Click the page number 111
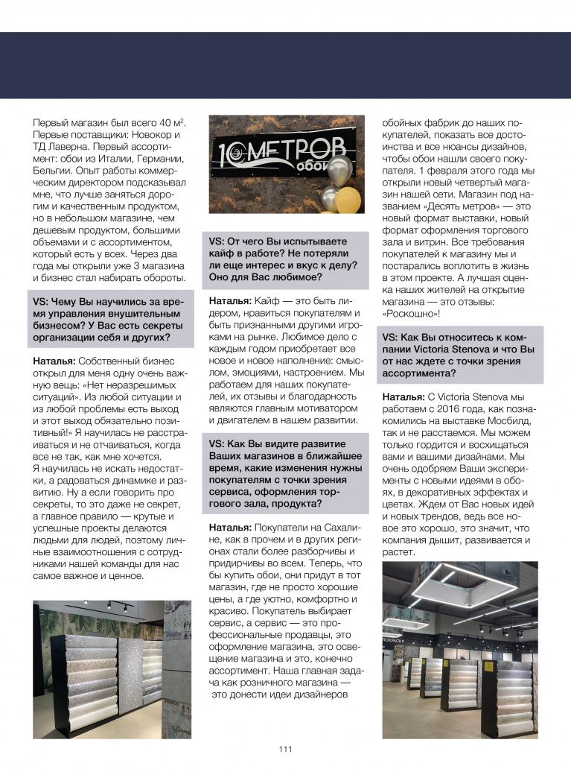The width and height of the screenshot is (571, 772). point(285,749)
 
